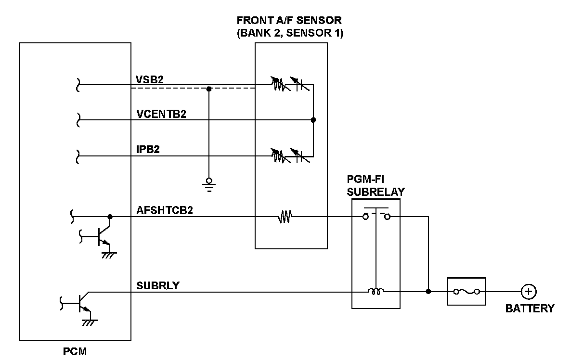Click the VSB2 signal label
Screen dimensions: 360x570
(x=150, y=79)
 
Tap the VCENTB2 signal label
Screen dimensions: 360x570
(x=161, y=114)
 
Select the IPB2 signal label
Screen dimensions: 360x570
(x=148, y=149)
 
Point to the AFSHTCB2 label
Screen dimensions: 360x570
(x=165, y=210)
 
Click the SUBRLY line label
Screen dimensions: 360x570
(x=158, y=285)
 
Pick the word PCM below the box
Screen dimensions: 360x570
(x=76, y=352)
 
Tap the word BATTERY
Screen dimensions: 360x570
(x=530, y=309)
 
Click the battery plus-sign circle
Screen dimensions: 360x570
(x=529, y=291)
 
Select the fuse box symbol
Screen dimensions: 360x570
(x=466, y=291)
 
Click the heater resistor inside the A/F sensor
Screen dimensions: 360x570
(x=285, y=218)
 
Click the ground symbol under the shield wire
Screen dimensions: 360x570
(x=208, y=183)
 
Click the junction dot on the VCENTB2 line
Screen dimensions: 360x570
(x=313, y=120)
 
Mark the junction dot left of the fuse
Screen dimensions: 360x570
(x=428, y=291)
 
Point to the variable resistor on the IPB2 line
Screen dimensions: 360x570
(x=277, y=155)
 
